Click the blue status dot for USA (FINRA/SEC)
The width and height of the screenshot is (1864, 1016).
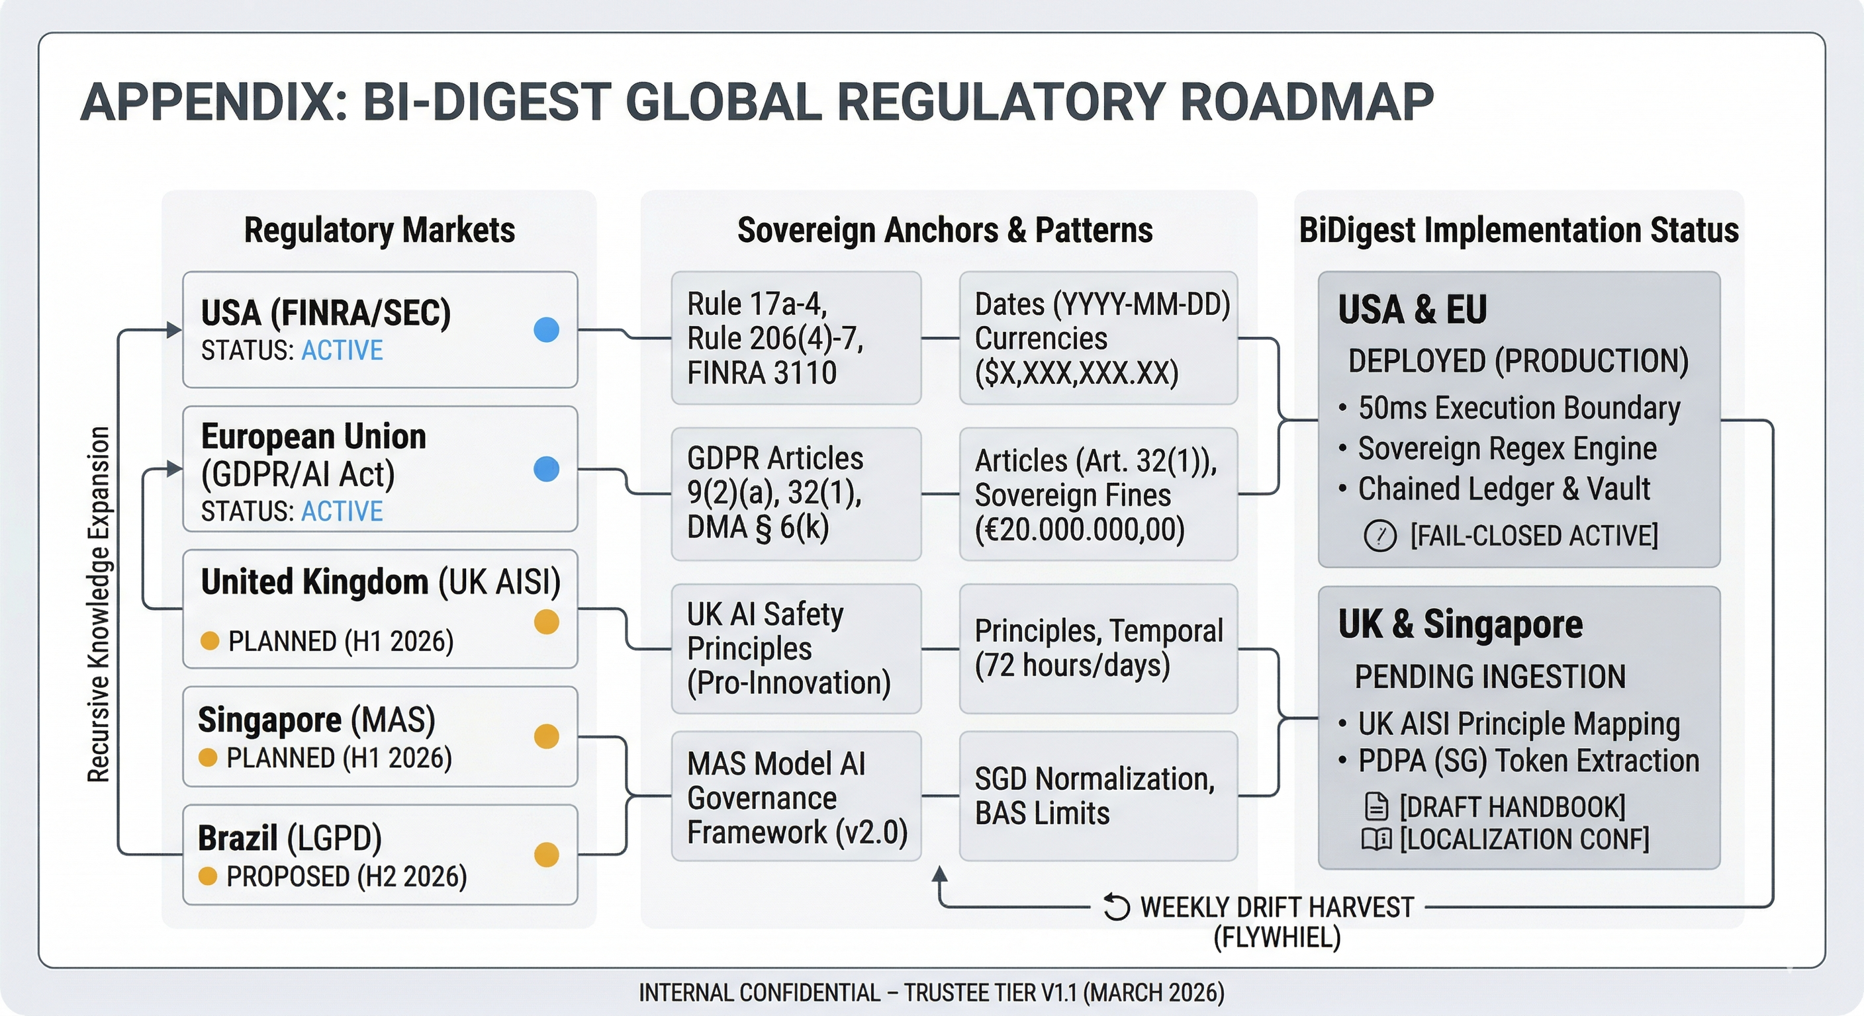tap(546, 330)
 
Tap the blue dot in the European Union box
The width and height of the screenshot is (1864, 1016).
tap(546, 468)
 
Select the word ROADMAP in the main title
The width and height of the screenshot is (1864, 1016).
tap(1307, 102)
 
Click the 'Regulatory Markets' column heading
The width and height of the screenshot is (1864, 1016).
tap(379, 231)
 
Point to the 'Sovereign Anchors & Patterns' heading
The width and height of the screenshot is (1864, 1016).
tap(945, 231)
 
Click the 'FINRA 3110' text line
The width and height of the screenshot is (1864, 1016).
tap(761, 373)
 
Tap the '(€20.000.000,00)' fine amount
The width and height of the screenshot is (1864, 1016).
tap(1080, 530)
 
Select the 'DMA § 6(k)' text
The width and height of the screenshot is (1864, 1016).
tap(758, 527)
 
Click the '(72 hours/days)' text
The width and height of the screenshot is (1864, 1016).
tap(1072, 665)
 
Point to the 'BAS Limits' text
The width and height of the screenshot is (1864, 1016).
tap(1042, 814)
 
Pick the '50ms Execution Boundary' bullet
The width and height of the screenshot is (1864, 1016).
tap(1519, 409)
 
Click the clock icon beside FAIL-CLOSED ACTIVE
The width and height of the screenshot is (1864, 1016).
tap(1380, 536)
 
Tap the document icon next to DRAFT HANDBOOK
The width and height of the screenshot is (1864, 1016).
tap(1376, 807)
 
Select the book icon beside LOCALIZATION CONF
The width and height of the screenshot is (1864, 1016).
tap(1376, 839)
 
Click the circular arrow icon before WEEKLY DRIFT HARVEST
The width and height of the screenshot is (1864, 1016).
tap(1117, 907)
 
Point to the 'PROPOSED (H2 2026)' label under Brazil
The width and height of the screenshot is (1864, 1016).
tap(346, 877)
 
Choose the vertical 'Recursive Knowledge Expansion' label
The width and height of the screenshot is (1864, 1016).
tap(99, 605)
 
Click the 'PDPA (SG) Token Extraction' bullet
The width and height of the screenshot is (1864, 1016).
tap(1528, 761)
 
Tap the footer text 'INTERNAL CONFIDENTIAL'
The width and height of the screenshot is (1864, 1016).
tap(759, 993)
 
